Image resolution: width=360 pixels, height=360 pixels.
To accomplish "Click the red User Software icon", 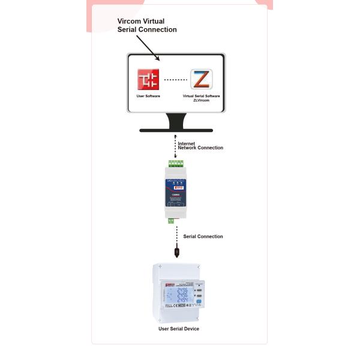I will pos(148,79).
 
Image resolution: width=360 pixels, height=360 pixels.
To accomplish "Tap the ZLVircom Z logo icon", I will pos(201,79).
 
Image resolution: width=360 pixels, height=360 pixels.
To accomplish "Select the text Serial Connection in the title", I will pos(147,29).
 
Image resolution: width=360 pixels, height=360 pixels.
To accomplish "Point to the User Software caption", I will pos(148,96).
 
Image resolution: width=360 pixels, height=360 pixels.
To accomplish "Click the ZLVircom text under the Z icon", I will pos(201,100).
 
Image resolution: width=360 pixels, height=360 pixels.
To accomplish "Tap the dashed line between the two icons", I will pos(175,79).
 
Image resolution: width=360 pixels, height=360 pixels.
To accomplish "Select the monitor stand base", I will pos(176,130).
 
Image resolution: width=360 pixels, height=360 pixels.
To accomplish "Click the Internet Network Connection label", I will pos(200,146).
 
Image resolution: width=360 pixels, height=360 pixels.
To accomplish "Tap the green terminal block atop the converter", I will pos(176,163).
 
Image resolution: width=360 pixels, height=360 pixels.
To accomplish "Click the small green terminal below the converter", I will pos(171,220).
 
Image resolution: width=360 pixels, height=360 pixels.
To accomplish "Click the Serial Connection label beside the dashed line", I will pos(203,236).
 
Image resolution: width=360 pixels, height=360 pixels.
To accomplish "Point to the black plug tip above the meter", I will pos(176,253).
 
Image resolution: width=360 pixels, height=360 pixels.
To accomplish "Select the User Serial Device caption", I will pos(179,329).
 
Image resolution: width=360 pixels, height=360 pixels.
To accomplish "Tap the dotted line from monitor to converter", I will pos(176,147).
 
